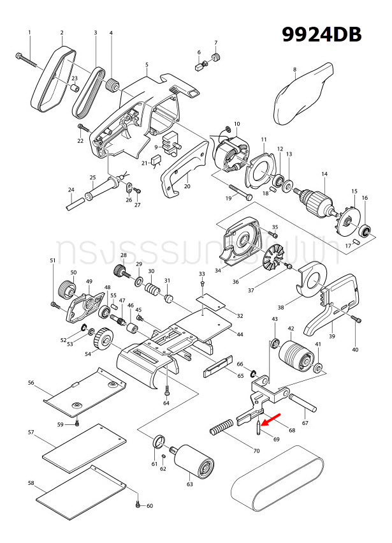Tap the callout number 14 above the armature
(x=324, y=174)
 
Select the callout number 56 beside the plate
(x=31, y=383)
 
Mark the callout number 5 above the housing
(x=147, y=65)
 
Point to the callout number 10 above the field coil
(x=236, y=124)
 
